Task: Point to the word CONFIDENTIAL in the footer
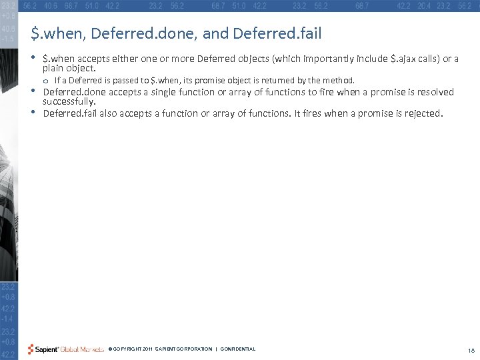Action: [237, 349]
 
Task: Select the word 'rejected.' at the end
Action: [421, 113]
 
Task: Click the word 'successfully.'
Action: [69, 102]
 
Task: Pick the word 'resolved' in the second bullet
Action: [435, 92]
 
